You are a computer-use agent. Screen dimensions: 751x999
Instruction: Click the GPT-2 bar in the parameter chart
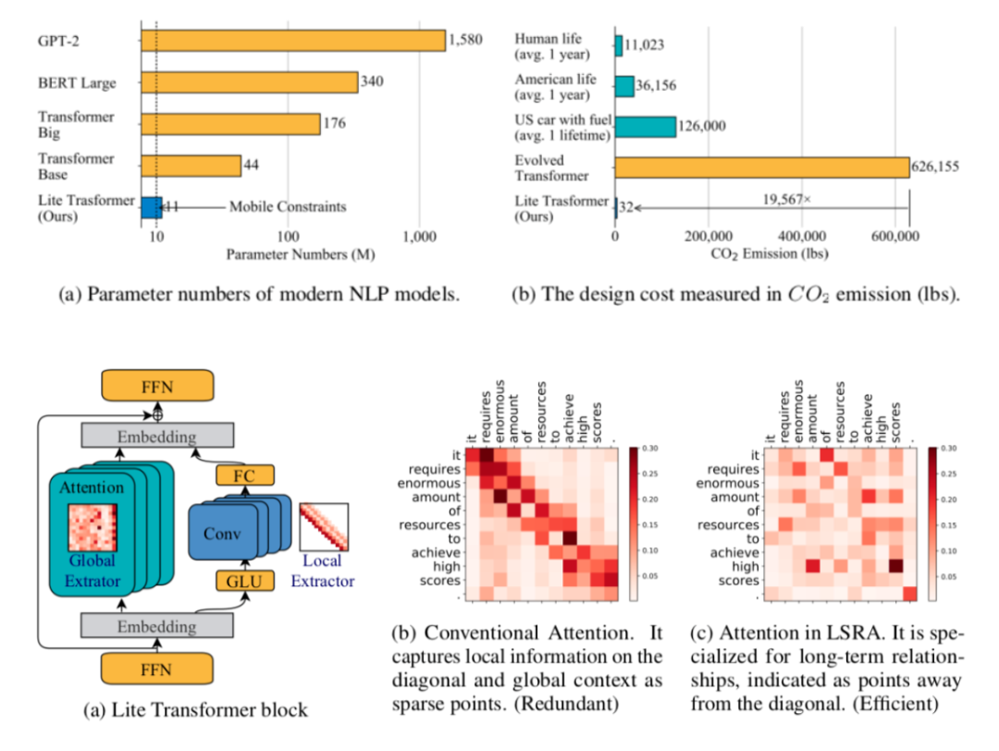tap(292, 40)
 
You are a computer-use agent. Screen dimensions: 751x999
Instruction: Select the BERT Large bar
tap(249, 82)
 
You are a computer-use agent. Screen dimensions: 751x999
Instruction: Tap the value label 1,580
tap(464, 40)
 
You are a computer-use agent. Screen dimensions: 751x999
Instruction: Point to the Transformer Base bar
tap(191, 166)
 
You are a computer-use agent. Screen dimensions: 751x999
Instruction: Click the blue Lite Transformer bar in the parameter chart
tap(151, 207)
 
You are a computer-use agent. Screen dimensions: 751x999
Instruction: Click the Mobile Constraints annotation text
tap(288, 207)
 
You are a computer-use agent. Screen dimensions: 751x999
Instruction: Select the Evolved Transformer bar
tap(762, 166)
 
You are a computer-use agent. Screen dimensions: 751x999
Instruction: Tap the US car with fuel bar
tap(646, 126)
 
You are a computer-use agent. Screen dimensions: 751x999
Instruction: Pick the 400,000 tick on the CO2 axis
tap(808, 237)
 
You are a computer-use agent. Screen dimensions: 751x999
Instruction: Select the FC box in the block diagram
tap(239, 475)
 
